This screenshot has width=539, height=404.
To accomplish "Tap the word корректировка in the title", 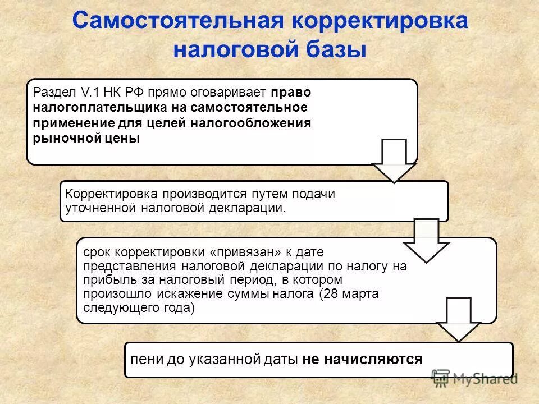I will [x=380, y=22].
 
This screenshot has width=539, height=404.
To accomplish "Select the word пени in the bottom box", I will [x=144, y=359].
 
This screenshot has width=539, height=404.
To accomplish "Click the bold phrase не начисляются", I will [x=362, y=359].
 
